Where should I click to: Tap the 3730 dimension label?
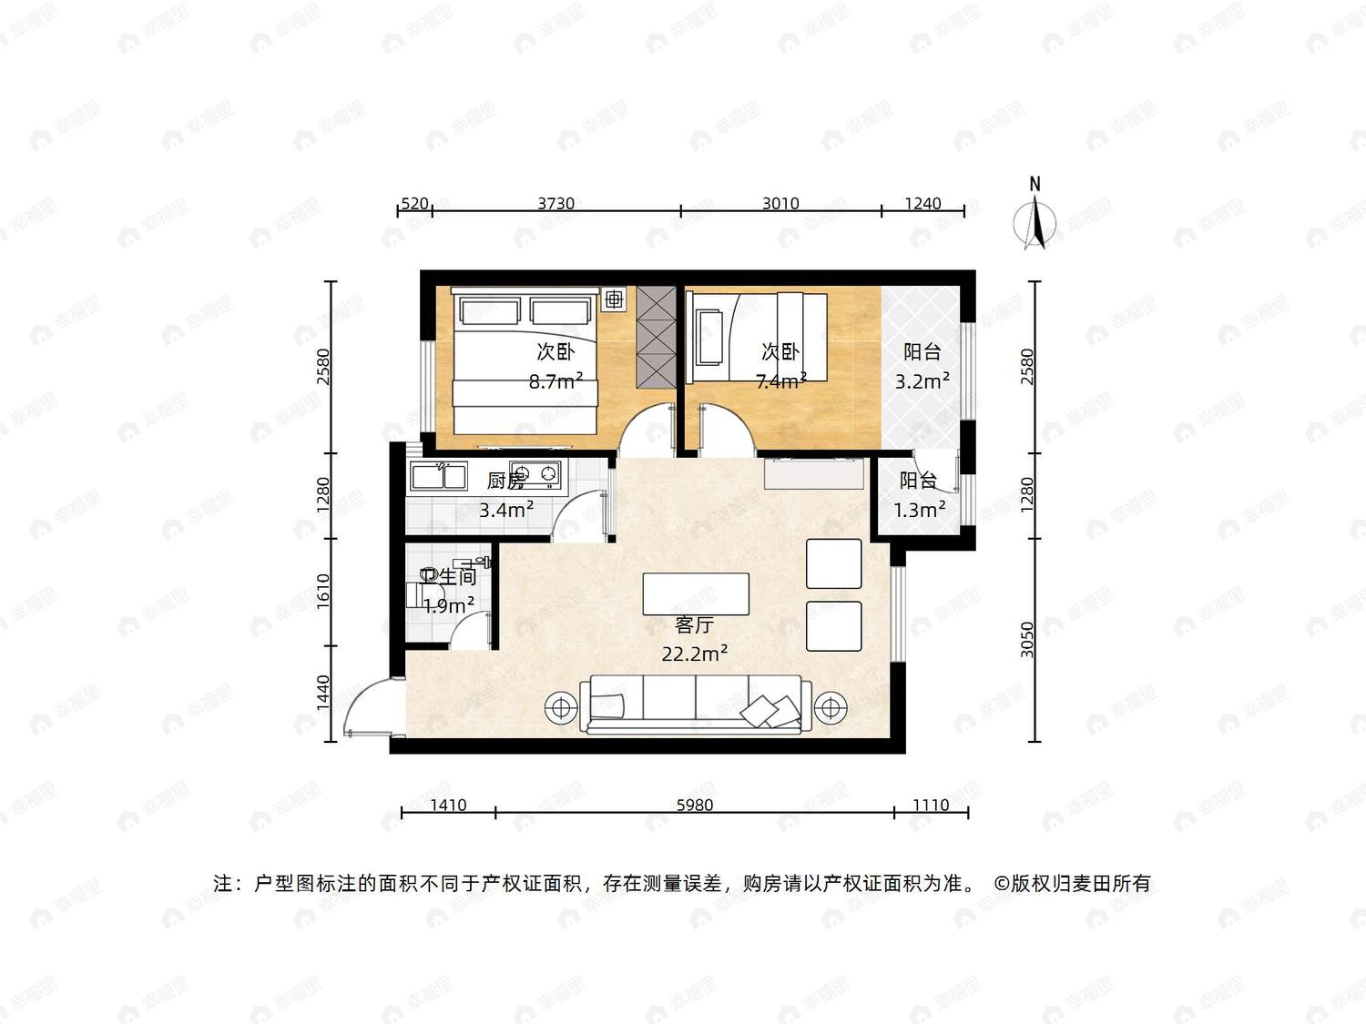pyautogui.click(x=556, y=203)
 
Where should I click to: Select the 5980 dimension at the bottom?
pyautogui.click(x=695, y=806)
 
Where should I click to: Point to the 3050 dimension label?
pyautogui.click(x=1027, y=639)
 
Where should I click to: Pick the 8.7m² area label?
pyautogui.click(x=556, y=380)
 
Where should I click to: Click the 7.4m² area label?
pyautogui.click(x=781, y=380)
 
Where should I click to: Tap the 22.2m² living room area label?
pyautogui.click(x=695, y=654)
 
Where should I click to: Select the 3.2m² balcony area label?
pyautogui.click(x=923, y=380)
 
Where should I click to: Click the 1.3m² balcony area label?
pyautogui.click(x=920, y=510)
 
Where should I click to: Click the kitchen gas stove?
pyautogui.click(x=535, y=473)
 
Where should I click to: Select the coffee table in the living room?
pyautogui.click(x=696, y=593)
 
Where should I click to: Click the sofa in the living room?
pyautogui.click(x=696, y=705)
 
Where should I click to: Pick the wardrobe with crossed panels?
pyautogui.click(x=656, y=339)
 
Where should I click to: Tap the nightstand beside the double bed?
pyautogui.click(x=614, y=299)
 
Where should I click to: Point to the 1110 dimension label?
pyautogui.click(x=931, y=806)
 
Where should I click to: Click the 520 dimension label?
pyautogui.click(x=414, y=203)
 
